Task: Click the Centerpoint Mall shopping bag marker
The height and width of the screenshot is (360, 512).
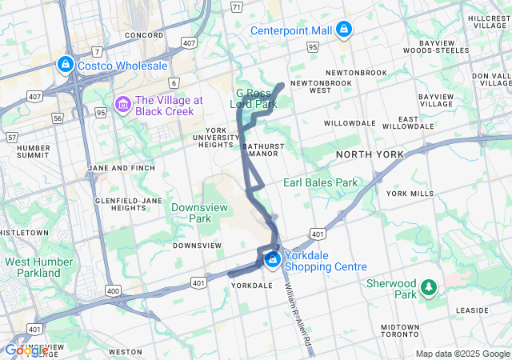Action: click(x=344, y=30)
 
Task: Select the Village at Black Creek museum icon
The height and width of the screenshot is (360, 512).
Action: click(x=122, y=105)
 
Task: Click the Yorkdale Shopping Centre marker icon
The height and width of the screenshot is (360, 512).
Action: click(x=272, y=259)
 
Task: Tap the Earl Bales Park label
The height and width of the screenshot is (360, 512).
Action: click(x=320, y=182)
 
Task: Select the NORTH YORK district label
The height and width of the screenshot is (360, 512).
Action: click(x=369, y=154)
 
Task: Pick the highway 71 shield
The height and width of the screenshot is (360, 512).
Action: click(x=236, y=6)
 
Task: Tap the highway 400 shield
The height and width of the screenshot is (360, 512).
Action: click(x=113, y=290)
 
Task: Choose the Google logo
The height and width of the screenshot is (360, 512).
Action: click(x=26, y=350)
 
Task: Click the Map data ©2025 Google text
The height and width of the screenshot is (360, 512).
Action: click(x=462, y=354)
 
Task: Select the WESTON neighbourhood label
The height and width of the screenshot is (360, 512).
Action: click(x=125, y=352)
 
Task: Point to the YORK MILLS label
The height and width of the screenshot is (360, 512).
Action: click(x=410, y=194)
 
